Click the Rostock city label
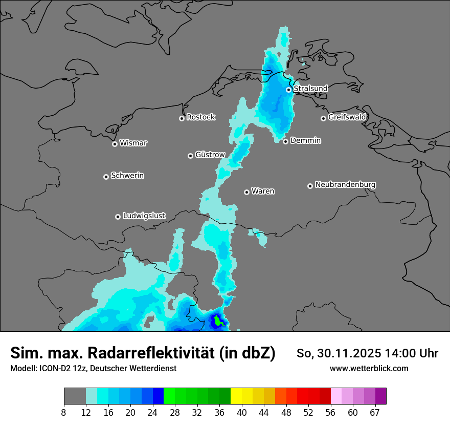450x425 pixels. pos(200,117)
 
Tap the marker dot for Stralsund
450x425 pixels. pos(288,90)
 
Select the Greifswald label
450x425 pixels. pos(347,117)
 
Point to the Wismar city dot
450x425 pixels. pos(115,144)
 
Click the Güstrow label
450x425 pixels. pos(210,155)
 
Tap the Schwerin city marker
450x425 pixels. pos(106,177)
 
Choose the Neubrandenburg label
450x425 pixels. pos(345,185)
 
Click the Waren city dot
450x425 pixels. pos(246,192)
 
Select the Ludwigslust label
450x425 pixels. pos(144,216)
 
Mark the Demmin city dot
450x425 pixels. pos(285,141)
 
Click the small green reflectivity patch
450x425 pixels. pos(218,322)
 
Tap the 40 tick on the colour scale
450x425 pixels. pos(242,412)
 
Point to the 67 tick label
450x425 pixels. pos(374,412)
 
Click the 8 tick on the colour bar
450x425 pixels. pos(64,412)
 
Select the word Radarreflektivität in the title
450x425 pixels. pos(151,353)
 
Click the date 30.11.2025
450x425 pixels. pos(347,353)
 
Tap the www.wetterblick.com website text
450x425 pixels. pos(369,369)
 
